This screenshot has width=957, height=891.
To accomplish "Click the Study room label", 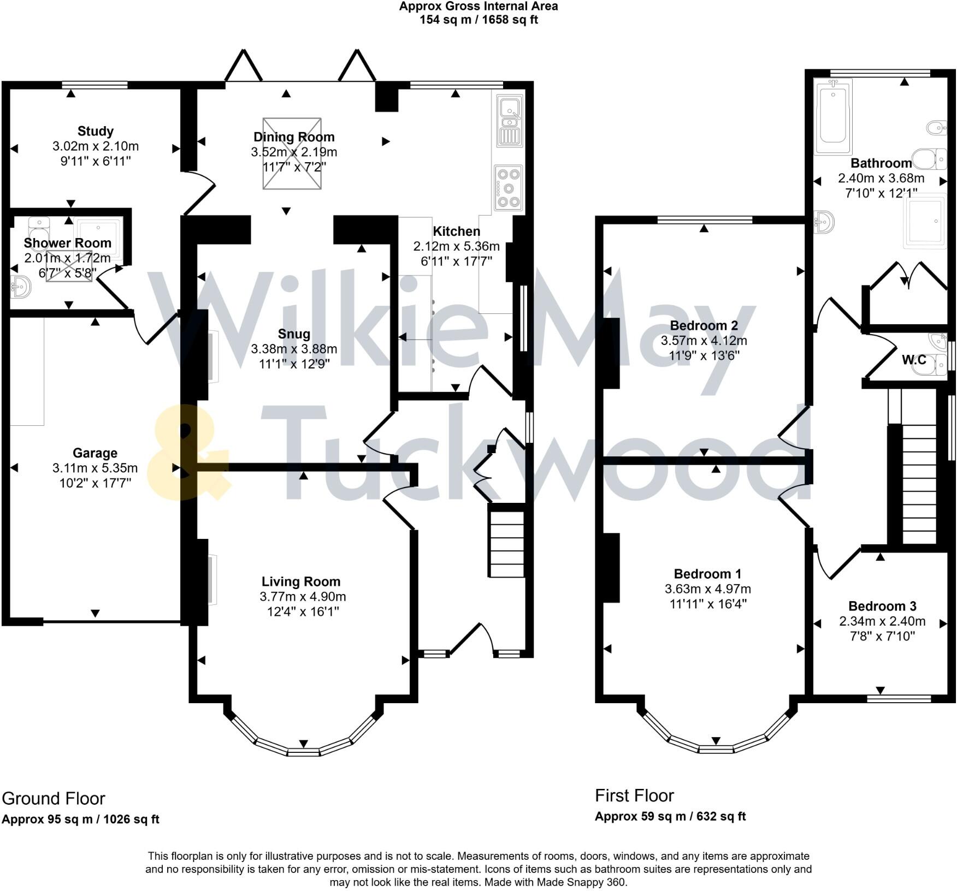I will tap(96, 131).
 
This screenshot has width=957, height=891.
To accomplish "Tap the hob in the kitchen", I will tap(509, 188).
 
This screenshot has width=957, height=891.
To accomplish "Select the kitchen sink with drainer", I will tap(510, 121).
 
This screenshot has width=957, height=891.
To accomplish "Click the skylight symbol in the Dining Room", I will tap(292, 154).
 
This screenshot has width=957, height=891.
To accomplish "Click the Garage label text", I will tap(95, 453).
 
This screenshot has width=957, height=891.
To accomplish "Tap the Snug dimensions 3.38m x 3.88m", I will tap(294, 349).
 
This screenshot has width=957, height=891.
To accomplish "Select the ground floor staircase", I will tap(506, 543).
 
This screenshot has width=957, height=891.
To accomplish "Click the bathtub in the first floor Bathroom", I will tap(833, 117).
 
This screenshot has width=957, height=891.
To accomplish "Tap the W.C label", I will tap(914, 360).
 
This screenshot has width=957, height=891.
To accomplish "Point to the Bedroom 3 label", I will tap(882, 606).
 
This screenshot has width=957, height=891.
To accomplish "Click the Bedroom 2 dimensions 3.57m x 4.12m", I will tap(704, 341).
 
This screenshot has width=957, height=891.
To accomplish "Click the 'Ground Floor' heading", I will tap(54, 799).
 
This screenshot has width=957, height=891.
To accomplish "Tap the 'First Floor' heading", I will tap(634, 796).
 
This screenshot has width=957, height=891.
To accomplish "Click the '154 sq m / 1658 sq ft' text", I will tap(478, 20).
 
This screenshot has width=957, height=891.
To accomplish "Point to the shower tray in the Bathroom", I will tap(926, 221).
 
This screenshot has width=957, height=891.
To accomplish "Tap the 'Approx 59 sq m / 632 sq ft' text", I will tap(670, 817).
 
